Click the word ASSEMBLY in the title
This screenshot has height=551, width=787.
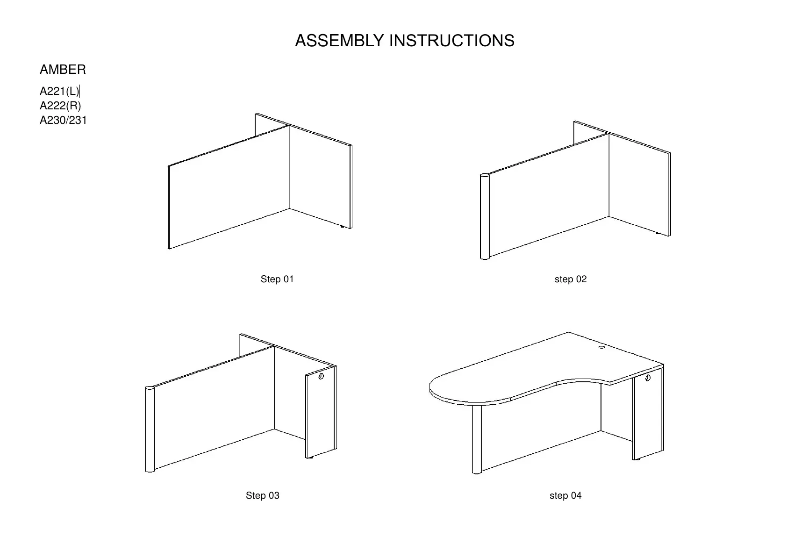(x=339, y=41)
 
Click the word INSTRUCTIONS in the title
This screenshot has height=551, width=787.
(x=452, y=41)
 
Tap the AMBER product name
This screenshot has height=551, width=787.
(x=63, y=70)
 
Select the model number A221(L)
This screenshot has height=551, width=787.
(x=59, y=91)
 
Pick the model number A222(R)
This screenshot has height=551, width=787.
(x=60, y=106)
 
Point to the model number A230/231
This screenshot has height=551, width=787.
(x=63, y=120)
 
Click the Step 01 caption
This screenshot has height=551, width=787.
(x=277, y=279)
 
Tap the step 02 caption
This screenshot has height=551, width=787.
(x=570, y=279)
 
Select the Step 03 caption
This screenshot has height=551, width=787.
(x=263, y=495)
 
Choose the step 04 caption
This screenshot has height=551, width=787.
(x=565, y=495)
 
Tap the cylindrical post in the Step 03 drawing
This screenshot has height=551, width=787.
(x=150, y=429)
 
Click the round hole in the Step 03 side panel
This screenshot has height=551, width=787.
(x=321, y=376)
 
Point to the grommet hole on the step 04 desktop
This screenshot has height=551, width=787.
(x=601, y=347)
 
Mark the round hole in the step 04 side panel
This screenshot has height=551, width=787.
(x=648, y=378)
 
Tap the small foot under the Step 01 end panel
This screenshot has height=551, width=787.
(x=344, y=227)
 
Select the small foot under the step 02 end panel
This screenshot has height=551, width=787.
(x=659, y=234)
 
